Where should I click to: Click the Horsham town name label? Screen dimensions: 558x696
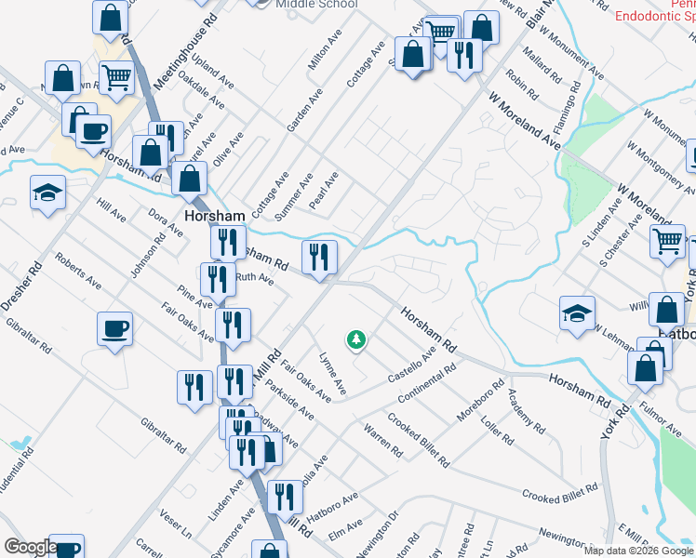pyautogui.click(x=214, y=215)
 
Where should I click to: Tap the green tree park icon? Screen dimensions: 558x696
pyautogui.click(x=355, y=339)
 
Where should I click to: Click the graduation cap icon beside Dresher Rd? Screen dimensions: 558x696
pyautogui.click(x=47, y=193)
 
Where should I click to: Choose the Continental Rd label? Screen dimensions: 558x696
pyautogui.click(x=426, y=383)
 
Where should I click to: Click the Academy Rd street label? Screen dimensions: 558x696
pyautogui.click(x=526, y=412)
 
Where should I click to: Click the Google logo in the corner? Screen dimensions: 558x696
pyautogui.click(x=31, y=547)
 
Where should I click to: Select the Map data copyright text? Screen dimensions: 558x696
pyautogui.click(x=637, y=551)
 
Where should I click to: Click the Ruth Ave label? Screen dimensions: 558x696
pyautogui.click(x=254, y=277)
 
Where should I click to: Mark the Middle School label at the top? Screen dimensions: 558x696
pyautogui.click(x=316, y=5)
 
